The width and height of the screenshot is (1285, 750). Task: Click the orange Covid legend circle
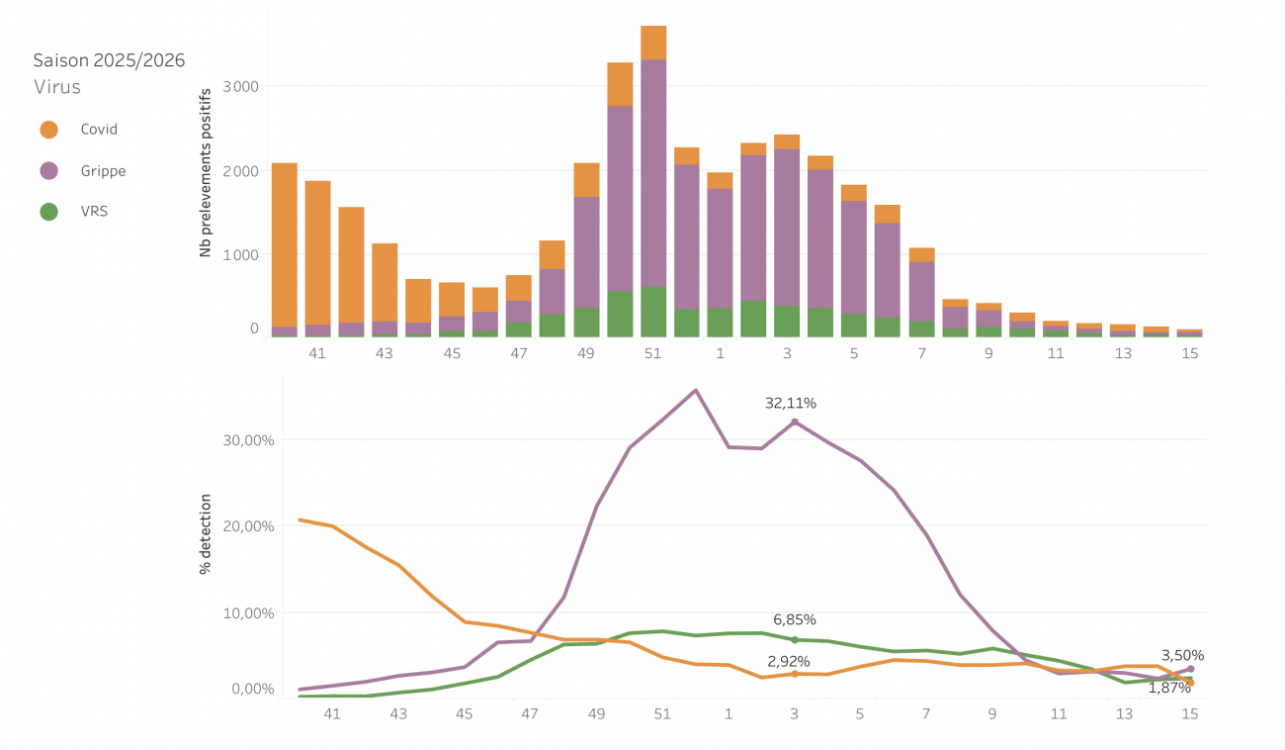click(48, 130)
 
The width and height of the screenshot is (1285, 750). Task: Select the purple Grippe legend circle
click(48, 171)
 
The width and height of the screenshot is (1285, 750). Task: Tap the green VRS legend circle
click(48, 211)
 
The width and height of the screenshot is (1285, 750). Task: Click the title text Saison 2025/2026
click(109, 60)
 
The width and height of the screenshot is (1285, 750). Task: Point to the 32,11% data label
click(791, 403)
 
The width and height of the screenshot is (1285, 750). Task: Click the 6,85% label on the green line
click(795, 619)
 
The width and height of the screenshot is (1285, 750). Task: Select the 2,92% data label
click(789, 660)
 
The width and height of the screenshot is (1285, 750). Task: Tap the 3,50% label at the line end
click(1182, 655)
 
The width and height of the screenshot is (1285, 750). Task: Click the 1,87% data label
click(1168, 688)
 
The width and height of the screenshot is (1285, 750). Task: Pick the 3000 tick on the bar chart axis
click(241, 86)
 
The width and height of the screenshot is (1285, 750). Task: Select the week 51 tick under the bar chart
click(652, 353)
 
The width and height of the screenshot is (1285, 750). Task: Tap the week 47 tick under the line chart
click(530, 712)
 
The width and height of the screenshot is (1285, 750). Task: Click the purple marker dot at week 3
click(795, 422)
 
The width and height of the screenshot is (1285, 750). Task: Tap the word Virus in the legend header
click(57, 87)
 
